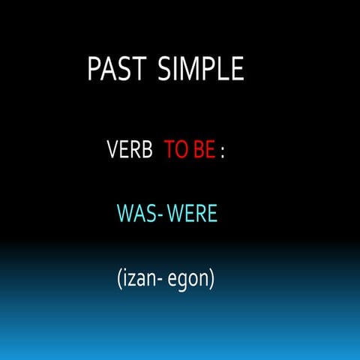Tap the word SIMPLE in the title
201,69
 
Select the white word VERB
130,151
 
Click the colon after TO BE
223,152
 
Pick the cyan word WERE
192,215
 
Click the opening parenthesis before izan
120,280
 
